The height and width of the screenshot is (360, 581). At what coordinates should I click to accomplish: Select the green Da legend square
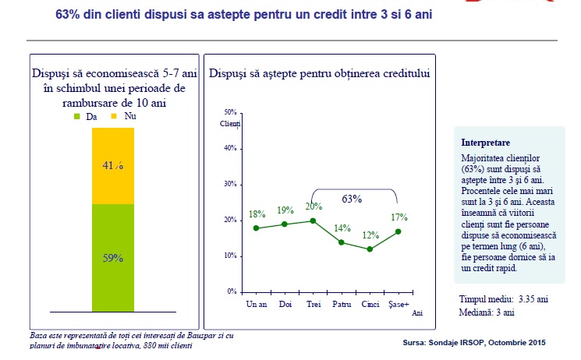[x=76, y=116]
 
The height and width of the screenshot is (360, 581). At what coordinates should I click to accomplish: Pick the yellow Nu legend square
[x=113, y=116]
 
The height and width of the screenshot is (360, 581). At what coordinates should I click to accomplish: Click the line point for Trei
[x=313, y=221]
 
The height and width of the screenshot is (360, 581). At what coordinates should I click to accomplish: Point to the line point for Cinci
[x=369, y=249]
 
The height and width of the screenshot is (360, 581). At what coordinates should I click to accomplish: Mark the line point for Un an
[x=256, y=228]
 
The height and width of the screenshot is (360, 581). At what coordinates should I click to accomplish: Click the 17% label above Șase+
[x=399, y=217]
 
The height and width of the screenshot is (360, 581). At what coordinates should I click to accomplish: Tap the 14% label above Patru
[x=342, y=228]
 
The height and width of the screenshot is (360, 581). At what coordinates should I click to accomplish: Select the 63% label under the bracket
[x=352, y=199]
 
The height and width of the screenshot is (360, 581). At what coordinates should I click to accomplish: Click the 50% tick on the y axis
[x=230, y=112]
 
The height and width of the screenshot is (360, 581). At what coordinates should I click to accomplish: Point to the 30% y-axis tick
[x=230, y=185]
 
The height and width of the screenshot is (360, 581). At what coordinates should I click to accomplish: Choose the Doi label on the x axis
[x=285, y=302]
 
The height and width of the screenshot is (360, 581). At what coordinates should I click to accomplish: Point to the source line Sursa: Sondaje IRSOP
[x=474, y=342]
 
